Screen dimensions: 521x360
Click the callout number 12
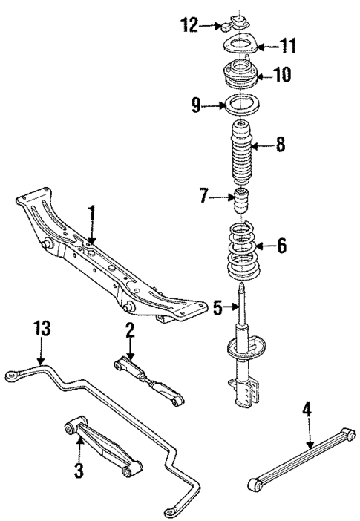(x=189, y=26)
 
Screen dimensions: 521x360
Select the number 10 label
(x=282, y=74)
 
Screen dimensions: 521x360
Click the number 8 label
(x=280, y=145)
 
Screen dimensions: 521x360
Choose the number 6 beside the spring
(x=281, y=245)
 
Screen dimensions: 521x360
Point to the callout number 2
(x=130, y=331)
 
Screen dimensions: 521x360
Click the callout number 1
(x=92, y=216)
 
